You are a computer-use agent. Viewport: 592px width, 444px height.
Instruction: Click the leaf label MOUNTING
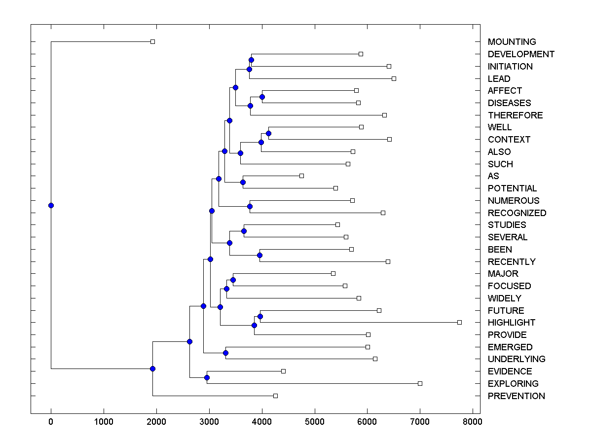tap(512, 42)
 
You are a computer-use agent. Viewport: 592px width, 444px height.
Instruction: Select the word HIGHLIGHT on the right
tap(511, 323)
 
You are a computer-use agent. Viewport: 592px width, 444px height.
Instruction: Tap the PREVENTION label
tap(516, 396)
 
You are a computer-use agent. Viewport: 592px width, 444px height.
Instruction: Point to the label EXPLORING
tap(513, 384)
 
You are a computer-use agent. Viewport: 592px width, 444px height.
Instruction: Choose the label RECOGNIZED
tap(517, 213)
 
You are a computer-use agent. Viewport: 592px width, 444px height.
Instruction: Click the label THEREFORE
tap(515, 115)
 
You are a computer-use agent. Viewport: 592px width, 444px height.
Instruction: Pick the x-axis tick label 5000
tap(314, 422)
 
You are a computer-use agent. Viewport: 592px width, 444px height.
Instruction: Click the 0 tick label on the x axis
tap(51, 422)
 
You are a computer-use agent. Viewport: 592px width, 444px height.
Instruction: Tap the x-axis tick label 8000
tap(473, 422)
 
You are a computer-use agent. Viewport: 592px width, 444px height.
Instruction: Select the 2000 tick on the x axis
tap(156, 422)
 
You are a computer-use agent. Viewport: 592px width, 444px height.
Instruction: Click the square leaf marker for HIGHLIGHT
tap(459, 322)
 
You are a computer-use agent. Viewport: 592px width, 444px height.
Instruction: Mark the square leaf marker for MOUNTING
tap(152, 41)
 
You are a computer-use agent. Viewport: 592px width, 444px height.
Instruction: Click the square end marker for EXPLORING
tap(420, 383)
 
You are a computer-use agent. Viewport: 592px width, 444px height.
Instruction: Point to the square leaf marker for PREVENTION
tap(275, 396)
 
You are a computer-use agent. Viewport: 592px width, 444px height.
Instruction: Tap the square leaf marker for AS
tap(301, 176)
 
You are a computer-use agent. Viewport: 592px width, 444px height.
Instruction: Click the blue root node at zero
tap(51, 206)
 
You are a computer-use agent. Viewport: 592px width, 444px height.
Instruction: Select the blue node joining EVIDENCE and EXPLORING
tap(207, 378)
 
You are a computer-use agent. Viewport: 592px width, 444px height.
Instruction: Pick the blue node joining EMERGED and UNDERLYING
tap(225, 353)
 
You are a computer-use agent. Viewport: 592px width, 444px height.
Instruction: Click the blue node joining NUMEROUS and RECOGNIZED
tap(250, 207)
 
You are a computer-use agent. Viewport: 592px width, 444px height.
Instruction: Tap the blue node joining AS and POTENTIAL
tap(243, 183)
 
